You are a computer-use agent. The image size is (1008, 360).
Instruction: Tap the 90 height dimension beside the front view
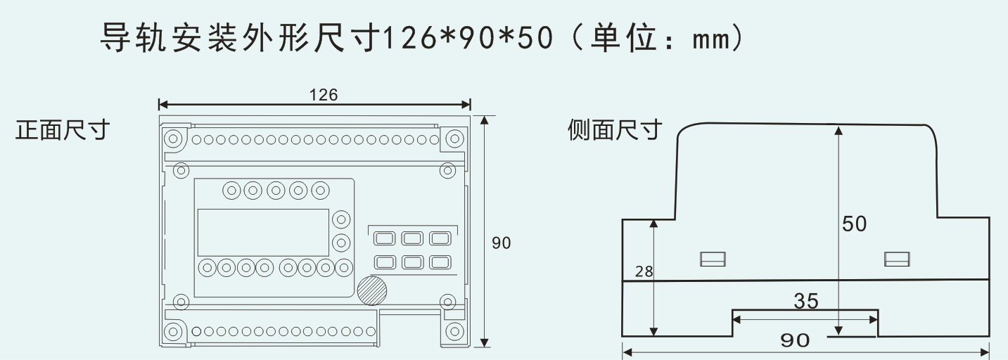pos(502,243)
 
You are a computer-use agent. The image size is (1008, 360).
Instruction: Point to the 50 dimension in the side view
pos(855,224)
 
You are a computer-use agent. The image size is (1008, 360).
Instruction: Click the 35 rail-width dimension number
pos(806,301)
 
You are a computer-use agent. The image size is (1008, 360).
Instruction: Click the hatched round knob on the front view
pos(371,290)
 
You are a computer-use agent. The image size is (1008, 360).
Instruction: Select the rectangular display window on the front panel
pos(263,232)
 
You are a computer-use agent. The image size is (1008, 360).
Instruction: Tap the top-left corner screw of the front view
pos(173,138)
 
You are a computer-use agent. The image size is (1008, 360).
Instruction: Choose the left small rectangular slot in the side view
pos(713,259)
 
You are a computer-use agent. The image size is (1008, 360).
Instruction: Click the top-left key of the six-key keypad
pos(384,238)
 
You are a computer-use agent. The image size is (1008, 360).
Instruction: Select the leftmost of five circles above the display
pos(230,190)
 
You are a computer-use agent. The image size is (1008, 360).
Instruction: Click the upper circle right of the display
pos(341,219)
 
